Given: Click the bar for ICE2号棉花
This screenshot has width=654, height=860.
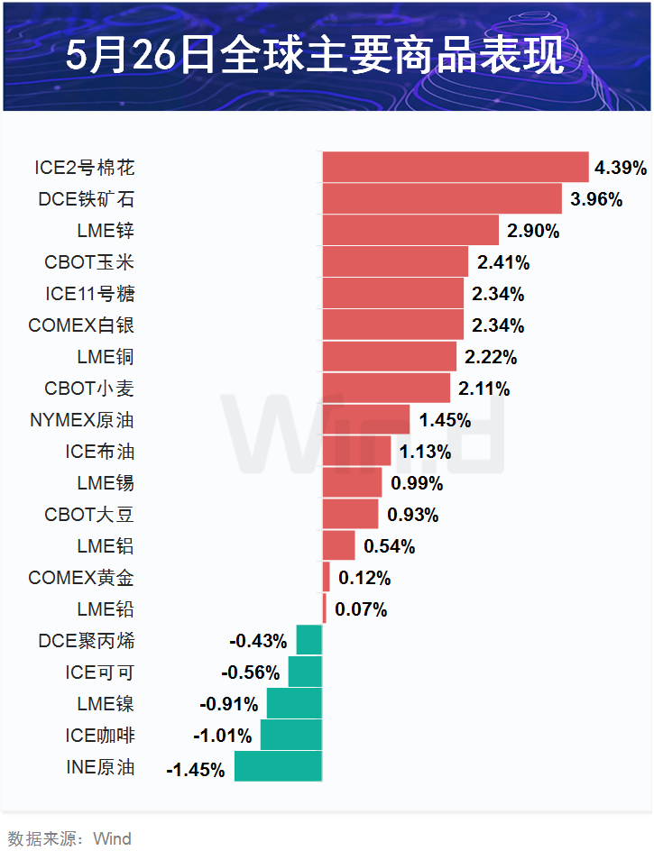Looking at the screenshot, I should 456,167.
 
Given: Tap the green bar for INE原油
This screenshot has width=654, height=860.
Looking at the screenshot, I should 278,767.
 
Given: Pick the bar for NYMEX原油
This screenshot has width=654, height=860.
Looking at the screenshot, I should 366,419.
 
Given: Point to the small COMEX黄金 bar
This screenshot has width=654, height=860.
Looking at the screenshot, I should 327,577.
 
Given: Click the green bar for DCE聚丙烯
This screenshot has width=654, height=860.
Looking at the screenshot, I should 309,641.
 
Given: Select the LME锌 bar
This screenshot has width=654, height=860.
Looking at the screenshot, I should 410,230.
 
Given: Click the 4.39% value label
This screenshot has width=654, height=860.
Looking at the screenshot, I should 621,168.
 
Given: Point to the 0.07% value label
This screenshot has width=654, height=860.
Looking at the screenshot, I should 361,610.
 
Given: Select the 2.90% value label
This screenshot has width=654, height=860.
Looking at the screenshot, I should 533,231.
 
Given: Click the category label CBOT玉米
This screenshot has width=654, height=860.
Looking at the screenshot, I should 89,262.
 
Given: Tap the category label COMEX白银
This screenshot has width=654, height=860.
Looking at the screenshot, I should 81,325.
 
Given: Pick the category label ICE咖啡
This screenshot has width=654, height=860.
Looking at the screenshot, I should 100,736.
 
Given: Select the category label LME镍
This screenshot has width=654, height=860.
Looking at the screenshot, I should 106,704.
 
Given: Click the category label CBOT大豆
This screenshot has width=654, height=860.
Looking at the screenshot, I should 89,515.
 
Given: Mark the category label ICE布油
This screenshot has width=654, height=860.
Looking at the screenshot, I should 100,452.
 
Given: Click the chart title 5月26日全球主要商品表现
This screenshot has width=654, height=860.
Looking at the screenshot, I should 327,56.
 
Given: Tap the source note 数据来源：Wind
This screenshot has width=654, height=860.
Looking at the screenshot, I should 69,839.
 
